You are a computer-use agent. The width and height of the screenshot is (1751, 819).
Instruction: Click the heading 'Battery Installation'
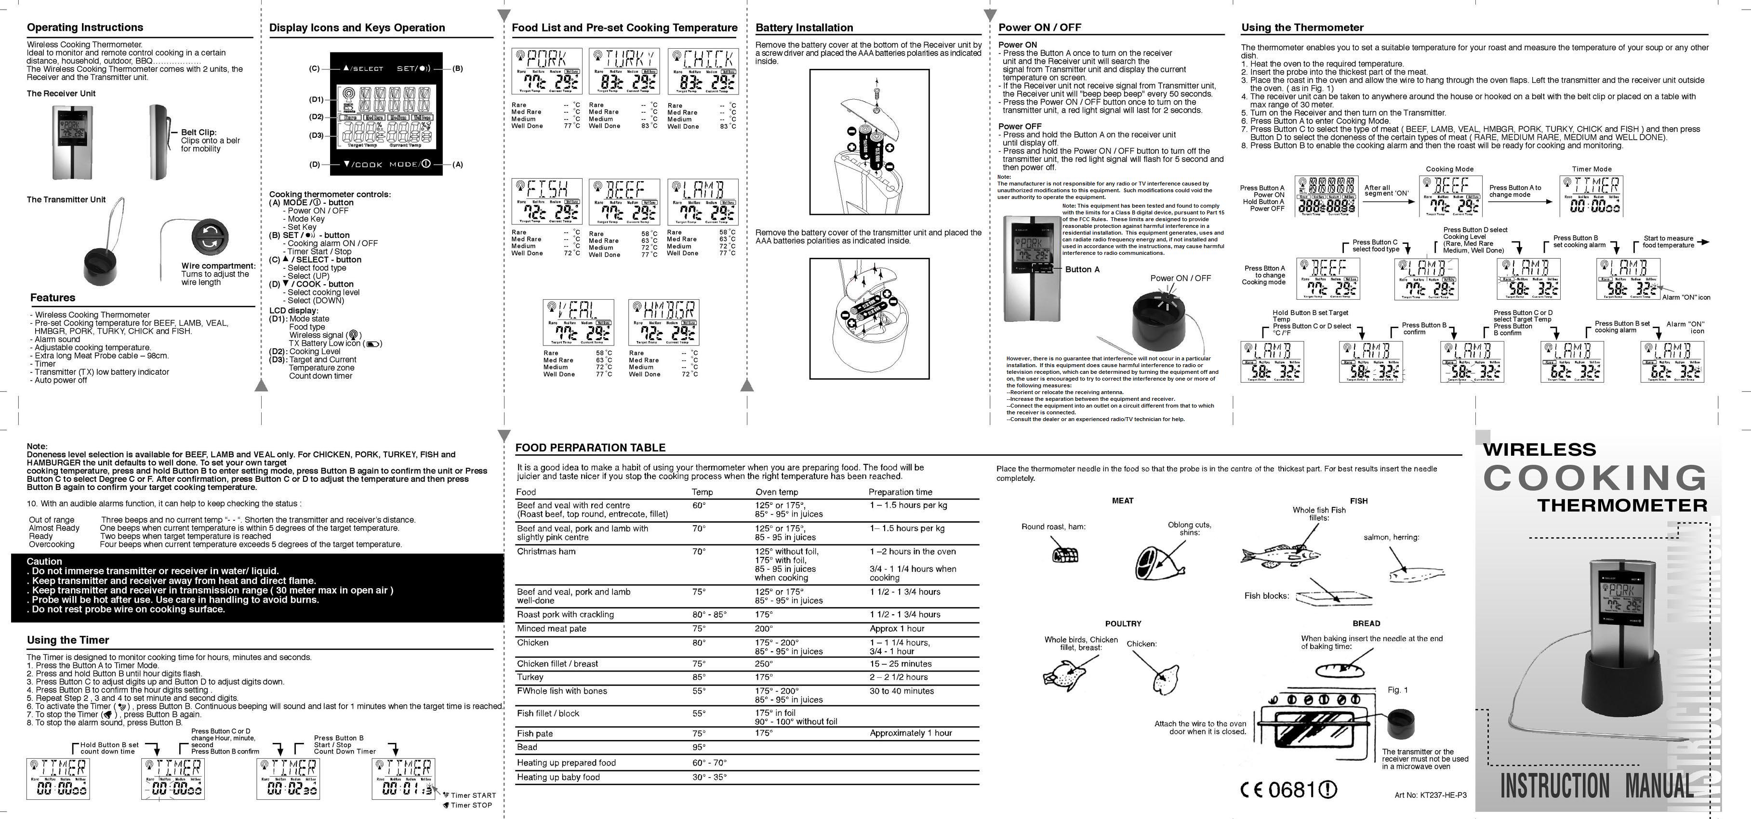pyautogui.click(x=804, y=28)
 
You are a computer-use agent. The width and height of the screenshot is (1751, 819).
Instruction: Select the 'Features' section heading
pyautogui.click(x=53, y=298)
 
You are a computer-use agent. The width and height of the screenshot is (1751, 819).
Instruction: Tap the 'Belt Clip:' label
pyautogui.click(x=199, y=132)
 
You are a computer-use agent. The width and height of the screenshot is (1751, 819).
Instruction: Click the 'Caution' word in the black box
pyautogui.click(x=44, y=561)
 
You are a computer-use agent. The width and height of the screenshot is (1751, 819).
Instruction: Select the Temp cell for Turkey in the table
pyautogui.click(x=699, y=677)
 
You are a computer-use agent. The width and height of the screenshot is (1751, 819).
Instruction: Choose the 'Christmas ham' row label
pyautogui.click(x=546, y=551)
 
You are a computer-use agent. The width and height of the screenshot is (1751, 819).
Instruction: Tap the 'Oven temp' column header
pyautogui.click(x=776, y=492)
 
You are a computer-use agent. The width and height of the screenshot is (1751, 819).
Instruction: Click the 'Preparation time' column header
pyautogui.click(x=900, y=492)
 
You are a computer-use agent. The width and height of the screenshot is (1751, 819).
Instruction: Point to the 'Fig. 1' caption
pyautogui.click(x=1397, y=690)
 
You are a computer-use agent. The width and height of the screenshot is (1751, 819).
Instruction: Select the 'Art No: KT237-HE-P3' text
pyautogui.click(x=1430, y=795)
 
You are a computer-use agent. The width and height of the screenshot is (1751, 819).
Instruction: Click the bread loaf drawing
pyautogui.click(x=1340, y=670)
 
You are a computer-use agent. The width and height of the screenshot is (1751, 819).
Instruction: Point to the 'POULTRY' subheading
pyautogui.click(x=1123, y=623)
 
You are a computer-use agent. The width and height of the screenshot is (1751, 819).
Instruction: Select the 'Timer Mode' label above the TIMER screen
pyautogui.click(x=1591, y=169)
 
